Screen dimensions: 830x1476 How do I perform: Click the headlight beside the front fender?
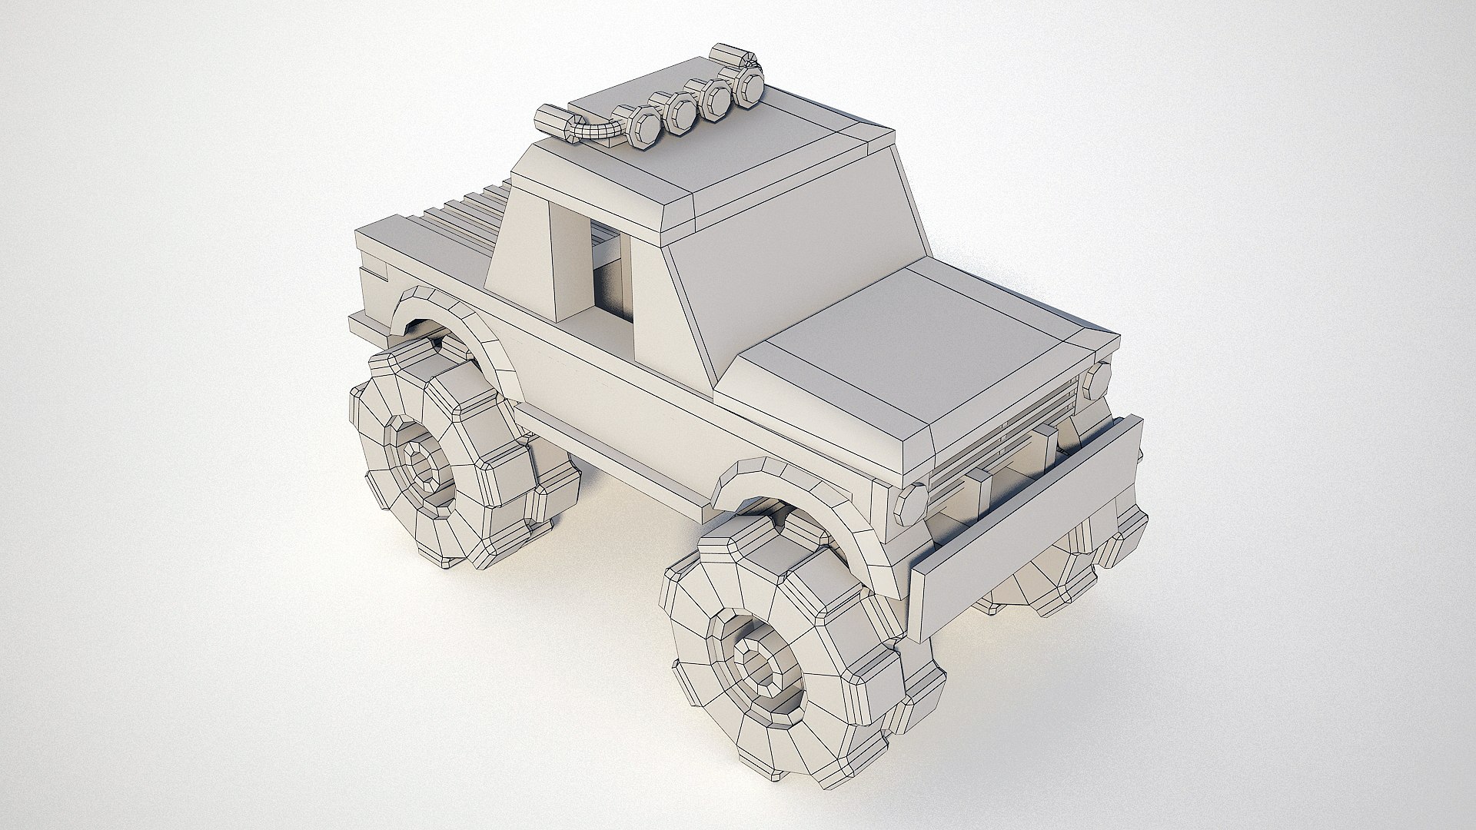(912, 503)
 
